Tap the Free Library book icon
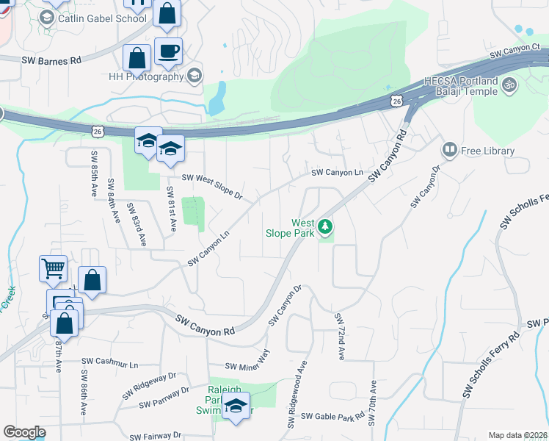450,151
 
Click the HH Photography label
145,76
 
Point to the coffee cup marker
168,51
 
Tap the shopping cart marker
53,269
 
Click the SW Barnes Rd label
51,62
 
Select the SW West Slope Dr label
211,187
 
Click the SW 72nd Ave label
340,337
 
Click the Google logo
24,432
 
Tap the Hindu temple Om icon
510,85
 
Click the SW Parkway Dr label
164,397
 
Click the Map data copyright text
517,435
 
